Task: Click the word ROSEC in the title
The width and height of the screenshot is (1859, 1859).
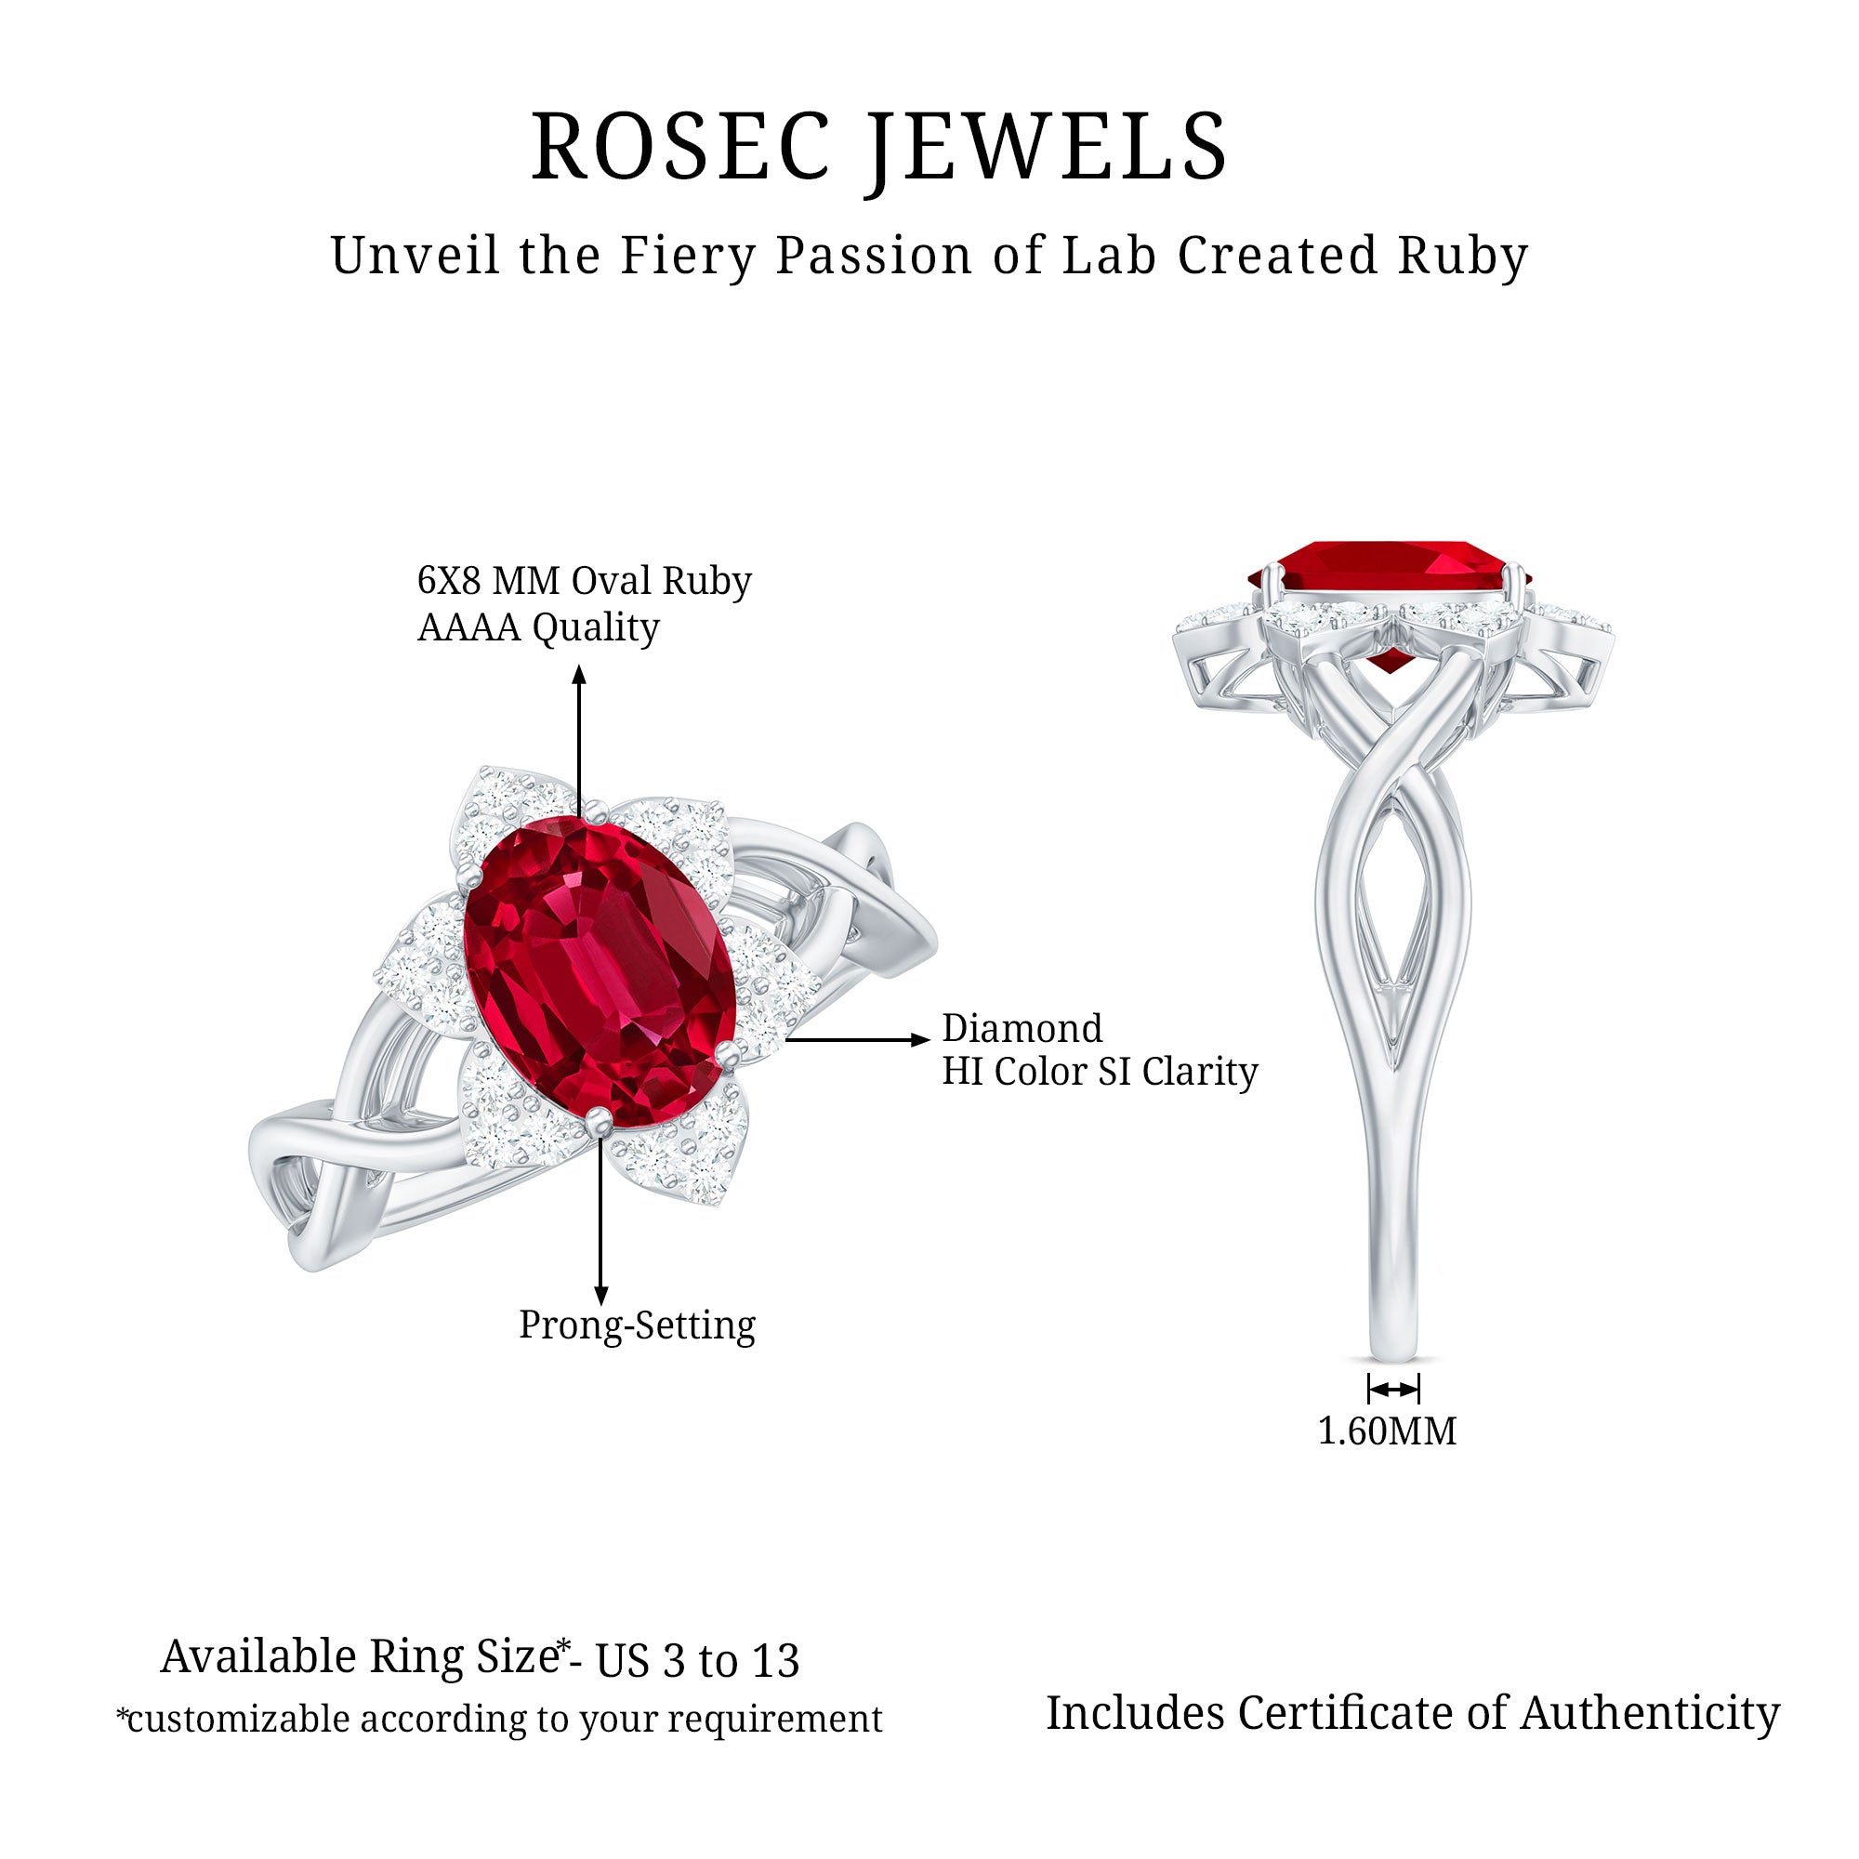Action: click(680, 147)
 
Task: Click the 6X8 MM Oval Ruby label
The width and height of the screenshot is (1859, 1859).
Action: click(584, 581)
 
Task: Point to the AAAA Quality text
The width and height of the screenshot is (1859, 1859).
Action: click(538, 628)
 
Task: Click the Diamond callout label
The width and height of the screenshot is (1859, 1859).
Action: click(1022, 1029)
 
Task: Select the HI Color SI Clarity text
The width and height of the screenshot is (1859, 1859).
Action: click(1100, 1072)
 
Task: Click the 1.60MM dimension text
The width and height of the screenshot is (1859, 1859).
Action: click(1387, 1431)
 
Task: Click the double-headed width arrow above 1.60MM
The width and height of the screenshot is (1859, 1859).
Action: click(1393, 1390)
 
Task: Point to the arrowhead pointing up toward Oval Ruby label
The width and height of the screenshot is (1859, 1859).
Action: click(579, 674)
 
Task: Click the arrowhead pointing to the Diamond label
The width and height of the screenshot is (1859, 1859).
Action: click(921, 1039)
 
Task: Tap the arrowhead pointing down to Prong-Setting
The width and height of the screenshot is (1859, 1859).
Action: click(601, 1297)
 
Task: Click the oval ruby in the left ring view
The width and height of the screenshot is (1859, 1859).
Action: click(600, 972)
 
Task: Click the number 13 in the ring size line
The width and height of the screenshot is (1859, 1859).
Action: click(774, 1662)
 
